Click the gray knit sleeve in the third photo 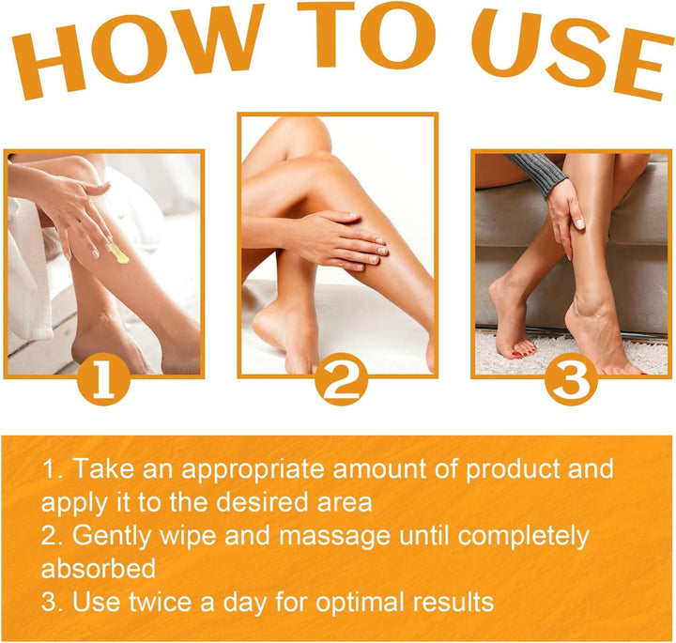539,174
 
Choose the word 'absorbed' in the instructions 99,570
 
